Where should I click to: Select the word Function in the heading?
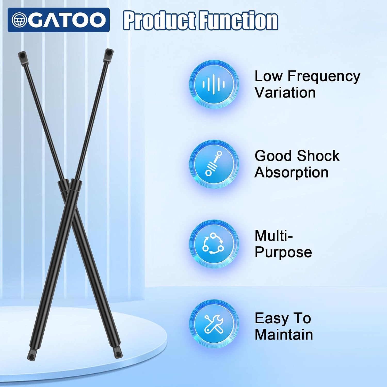[x=239, y=20]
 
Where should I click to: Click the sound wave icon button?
[x=214, y=84]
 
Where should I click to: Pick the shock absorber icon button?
[x=214, y=164]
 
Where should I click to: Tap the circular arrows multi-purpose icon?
[x=214, y=244]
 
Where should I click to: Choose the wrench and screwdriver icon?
[x=214, y=324]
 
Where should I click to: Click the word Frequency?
[x=324, y=77]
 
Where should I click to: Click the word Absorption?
[x=292, y=173]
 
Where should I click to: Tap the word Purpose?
[x=283, y=252]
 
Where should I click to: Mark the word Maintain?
[x=284, y=334]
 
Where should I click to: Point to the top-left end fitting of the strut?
[x=22, y=57]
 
